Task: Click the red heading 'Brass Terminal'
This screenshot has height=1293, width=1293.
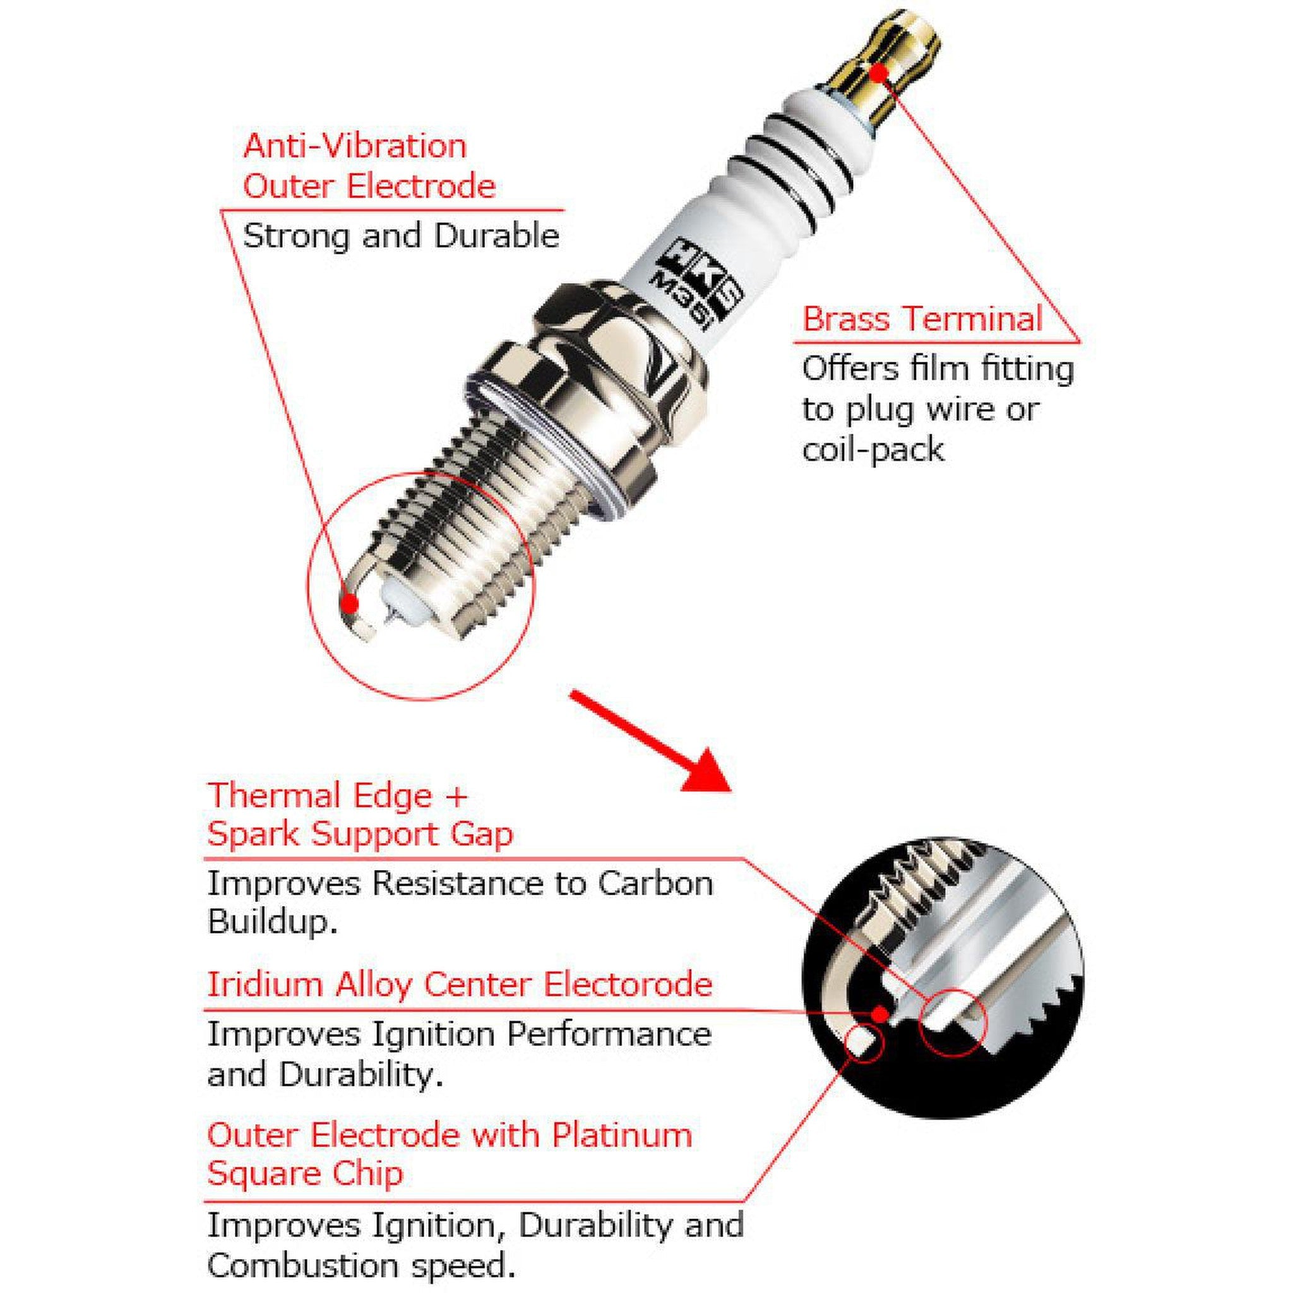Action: click(x=922, y=319)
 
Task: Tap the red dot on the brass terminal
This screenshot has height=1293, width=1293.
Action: click(x=879, y=71)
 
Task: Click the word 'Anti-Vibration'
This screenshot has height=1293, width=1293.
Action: click(x=355, y=146)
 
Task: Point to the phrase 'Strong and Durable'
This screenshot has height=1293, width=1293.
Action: click(x=400, y=235)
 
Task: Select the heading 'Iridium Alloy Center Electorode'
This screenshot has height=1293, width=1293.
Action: click(x=459, y=984)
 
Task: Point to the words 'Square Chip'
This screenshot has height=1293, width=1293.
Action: click(x=305, y=1173)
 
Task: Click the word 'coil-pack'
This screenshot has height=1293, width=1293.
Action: click(x=873, y=449)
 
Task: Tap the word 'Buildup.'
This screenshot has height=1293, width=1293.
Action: click(x=271, y=922)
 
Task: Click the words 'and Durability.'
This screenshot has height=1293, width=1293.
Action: click(x=325, y=1074)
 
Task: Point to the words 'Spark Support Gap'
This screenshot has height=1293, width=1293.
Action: click(x=360, y=834)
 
